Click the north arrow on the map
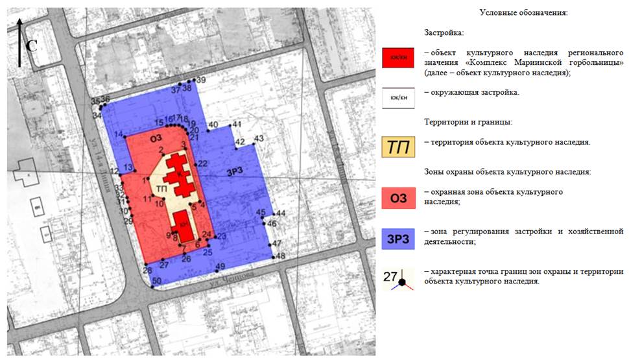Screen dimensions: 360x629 (20, 42)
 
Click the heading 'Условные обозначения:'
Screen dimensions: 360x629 (523, 13)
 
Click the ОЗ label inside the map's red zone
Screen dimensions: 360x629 (155, 138)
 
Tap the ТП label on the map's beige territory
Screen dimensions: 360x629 (162, 188)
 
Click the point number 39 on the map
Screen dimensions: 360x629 (200, 80)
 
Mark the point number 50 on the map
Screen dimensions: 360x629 (156, 281)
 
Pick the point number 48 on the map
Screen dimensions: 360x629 (280, 256)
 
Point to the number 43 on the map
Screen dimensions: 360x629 (259, 139)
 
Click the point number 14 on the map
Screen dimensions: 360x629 (119, 135)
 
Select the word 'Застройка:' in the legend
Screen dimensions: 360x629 (445, 32)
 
